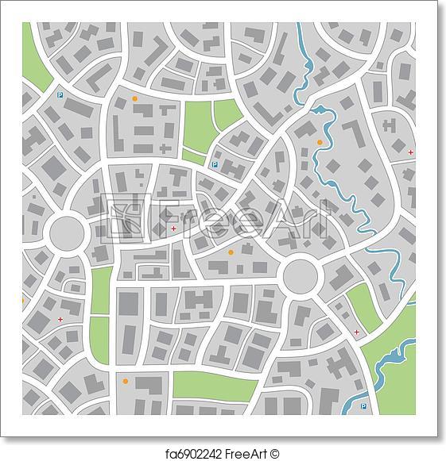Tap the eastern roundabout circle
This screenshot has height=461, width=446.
pyautogui.click(x=301, y=275)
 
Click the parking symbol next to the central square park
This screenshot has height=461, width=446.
pyautogui.click(x=214, y=165)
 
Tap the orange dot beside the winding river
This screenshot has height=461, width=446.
pyautogui.click(x=320, y=143)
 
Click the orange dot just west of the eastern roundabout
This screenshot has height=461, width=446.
pyautogui.click(x=231, y=252)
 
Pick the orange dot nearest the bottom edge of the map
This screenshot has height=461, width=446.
pyautogui.click(x=125, y=382)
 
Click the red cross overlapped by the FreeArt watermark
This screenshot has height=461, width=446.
pyautogui.click(x=173, y=227)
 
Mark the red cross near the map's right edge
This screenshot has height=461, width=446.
pyautogui.click(x=410, y=152)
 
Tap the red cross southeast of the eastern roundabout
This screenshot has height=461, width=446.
pyautogui.click(x=355, y=331)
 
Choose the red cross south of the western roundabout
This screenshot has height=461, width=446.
pyautogui.click(x=60, y=319)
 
